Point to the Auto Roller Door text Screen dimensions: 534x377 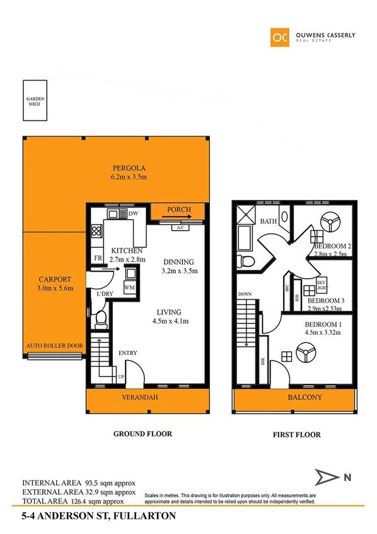(54, 345)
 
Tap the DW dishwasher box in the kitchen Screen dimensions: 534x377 (132, 214)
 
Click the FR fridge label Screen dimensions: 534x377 (98, 258)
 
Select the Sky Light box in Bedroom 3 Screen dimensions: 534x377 (322, 286)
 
